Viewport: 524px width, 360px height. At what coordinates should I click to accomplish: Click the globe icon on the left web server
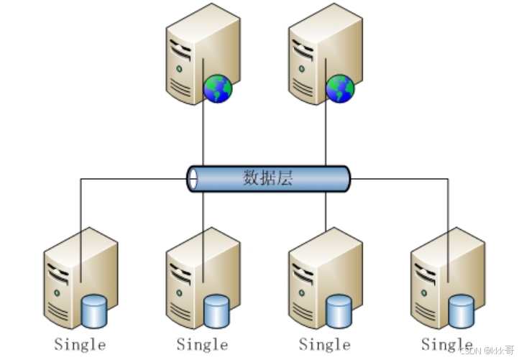(218, 89)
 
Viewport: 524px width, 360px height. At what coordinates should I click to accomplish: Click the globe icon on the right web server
(340, 89)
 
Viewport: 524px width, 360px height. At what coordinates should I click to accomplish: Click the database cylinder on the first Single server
(95, 310)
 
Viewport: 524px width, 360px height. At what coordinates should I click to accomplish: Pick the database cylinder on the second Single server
(217, 310)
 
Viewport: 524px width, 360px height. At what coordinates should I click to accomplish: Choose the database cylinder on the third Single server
(339, 310)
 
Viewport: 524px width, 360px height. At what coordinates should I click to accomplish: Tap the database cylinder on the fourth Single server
(461, 310)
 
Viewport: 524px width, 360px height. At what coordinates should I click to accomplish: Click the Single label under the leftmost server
(80, 344)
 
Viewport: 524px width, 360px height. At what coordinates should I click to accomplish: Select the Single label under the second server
(202, 344)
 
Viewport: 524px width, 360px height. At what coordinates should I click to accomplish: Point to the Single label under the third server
(324, 344)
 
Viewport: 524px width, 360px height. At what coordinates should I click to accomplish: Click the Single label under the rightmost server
(446, 344)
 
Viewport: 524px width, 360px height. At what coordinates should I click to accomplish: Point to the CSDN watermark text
(485, 350)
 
